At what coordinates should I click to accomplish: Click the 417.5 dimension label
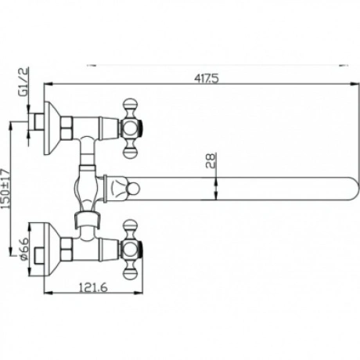click(x=206, y=78)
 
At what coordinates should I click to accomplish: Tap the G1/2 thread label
click(x=23, y=82)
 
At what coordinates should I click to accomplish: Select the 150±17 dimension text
click(x=5, y=189)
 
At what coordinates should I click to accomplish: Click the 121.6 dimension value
click(x=93, y=288)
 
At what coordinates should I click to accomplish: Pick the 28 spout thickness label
click(x=211, y=160)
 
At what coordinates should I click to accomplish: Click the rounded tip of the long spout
click(x=355, y=189)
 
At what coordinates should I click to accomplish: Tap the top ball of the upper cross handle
click(x=130, y=103)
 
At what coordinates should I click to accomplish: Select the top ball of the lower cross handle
click(x=130, y=225)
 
